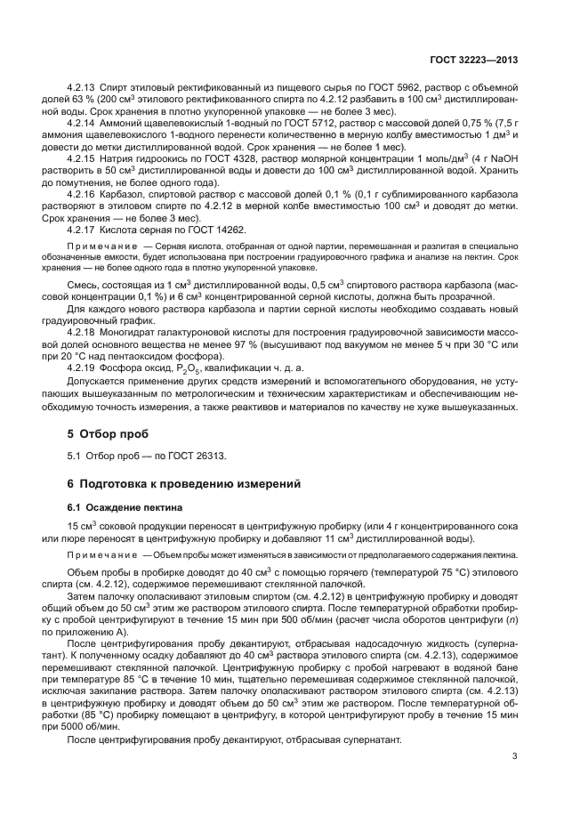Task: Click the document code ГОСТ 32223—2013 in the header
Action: tap(475, 60)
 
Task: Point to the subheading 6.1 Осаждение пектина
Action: tap(125, 507)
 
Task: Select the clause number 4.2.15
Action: tap(83, 158)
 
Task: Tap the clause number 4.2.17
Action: tap(83, 228)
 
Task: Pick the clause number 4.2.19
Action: tap(83, 367)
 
